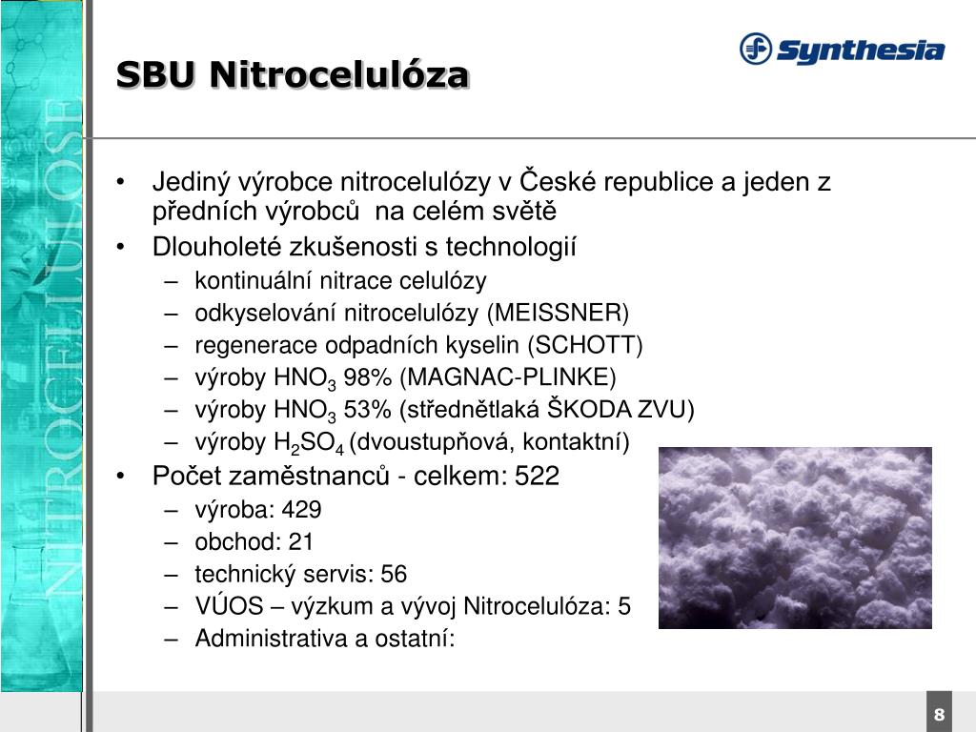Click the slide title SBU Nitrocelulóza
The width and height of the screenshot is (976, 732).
coord(292,74)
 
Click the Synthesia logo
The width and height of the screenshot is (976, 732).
coord(842,49)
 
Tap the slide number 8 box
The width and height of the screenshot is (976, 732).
coord(939,715)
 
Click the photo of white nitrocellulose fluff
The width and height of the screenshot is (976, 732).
coord(795,538)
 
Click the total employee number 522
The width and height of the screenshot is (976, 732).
coord(537,476)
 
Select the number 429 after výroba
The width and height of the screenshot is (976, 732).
coord(301,509)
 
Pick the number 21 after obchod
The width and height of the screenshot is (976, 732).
coord(301,541)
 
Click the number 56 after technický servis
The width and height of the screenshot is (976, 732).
coord(394,574)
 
